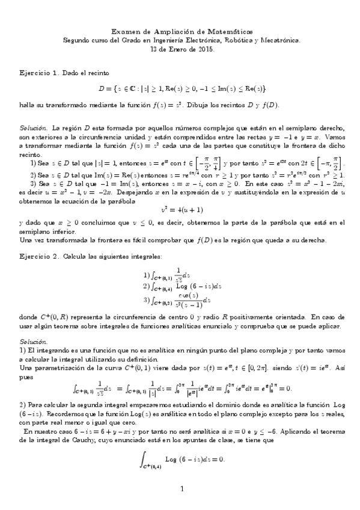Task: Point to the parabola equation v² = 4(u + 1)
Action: tap(180, 210)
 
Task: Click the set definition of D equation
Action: tap(182, 89)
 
